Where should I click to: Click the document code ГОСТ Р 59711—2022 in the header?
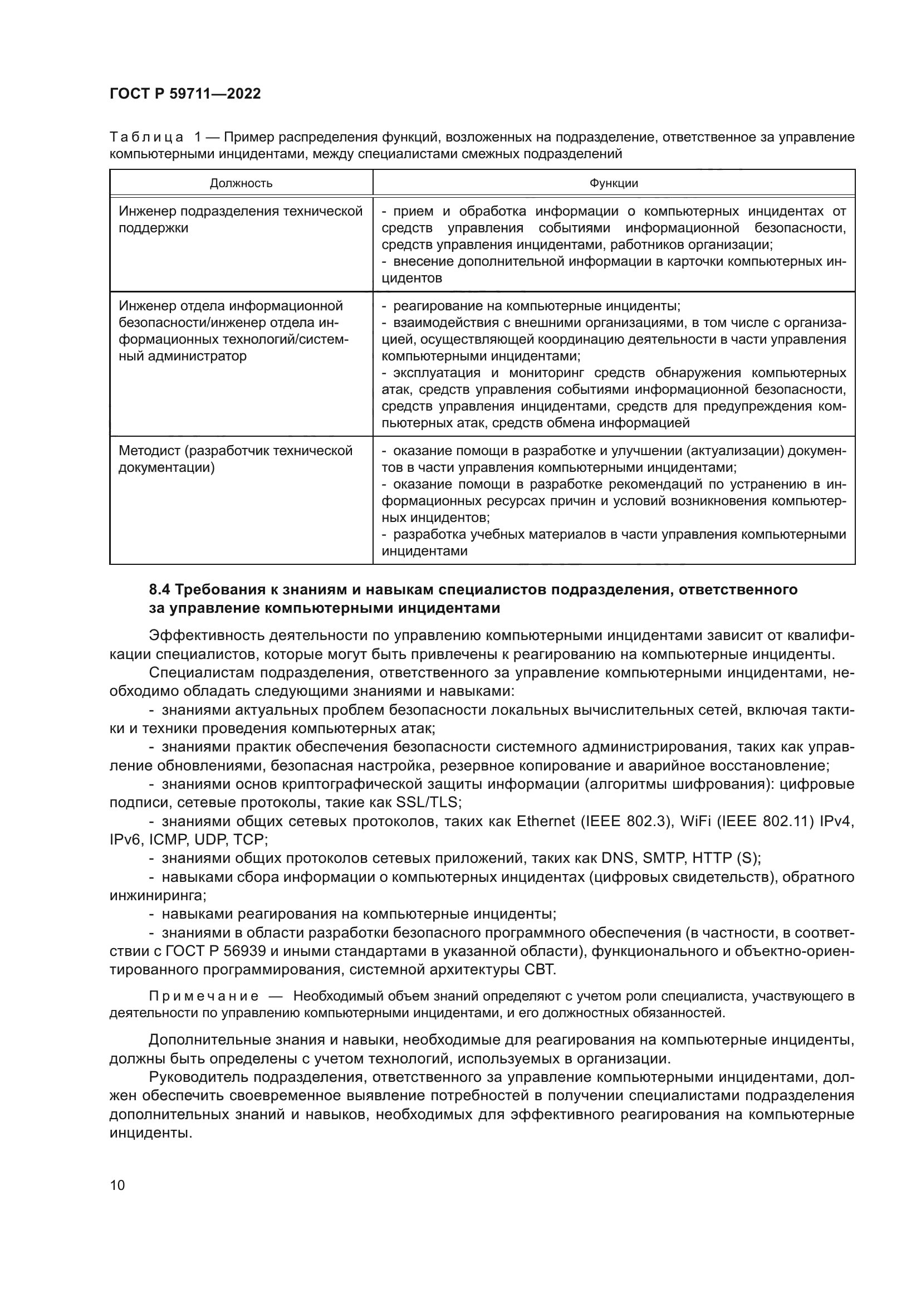[x=185, y=94]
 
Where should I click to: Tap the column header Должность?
[x=241, y=183]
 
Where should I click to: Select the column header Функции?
[x=614, y=183]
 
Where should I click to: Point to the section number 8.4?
[x=160, y=590]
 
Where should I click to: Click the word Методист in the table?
[x=149, y=451]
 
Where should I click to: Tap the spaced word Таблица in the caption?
[x=146, y=138]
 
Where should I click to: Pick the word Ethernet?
[x=546, y=822]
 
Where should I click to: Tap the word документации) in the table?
[x=166, y=468]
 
